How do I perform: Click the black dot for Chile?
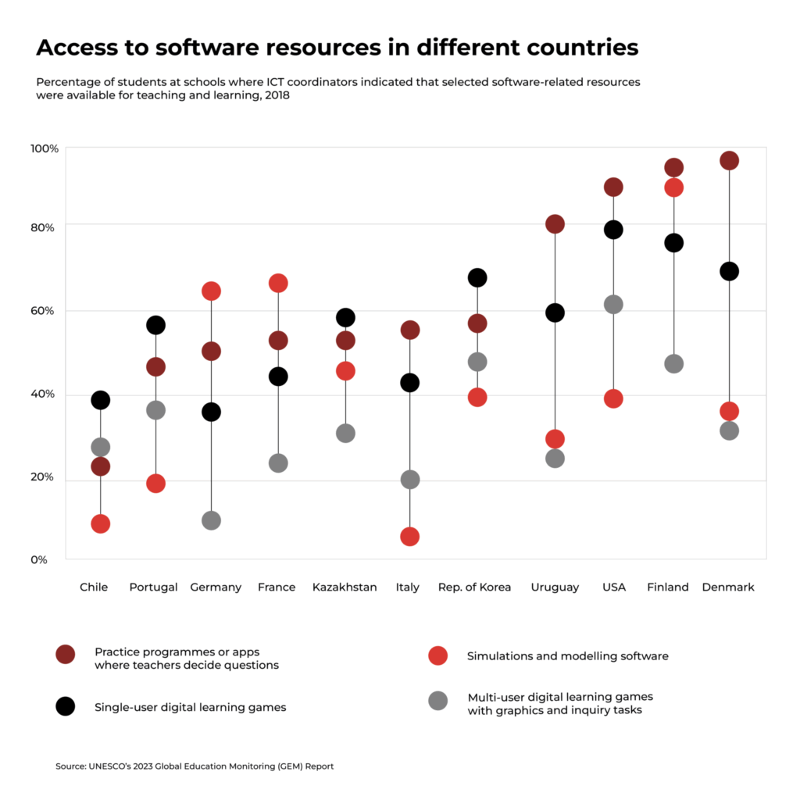100,400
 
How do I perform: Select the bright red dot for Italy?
409,537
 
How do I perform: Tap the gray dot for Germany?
211,520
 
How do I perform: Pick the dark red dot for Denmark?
729,161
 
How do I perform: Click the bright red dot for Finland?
673,187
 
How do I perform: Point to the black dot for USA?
613,230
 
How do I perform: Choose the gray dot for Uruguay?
555,459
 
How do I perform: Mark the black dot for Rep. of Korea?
477,277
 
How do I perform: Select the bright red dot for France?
278,283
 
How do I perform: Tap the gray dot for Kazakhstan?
345,433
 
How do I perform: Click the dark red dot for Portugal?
155,366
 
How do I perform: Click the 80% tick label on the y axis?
43,227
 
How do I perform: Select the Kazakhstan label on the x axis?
345,587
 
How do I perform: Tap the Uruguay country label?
555,587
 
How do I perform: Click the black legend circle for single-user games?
66,706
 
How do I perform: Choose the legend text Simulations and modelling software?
567,656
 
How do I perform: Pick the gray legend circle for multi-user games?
438,701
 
